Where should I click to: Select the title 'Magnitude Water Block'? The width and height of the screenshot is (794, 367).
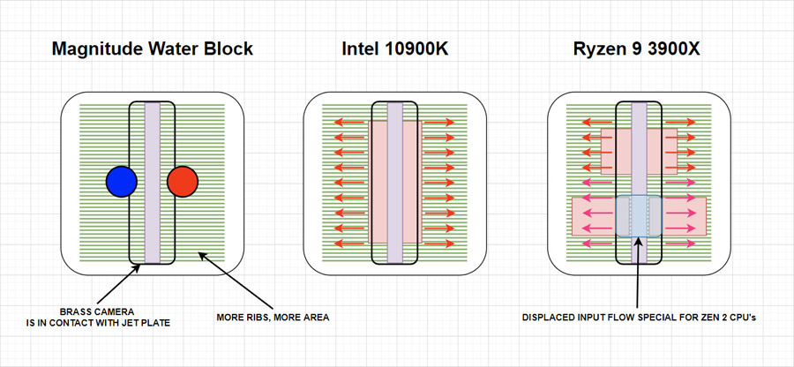coord(152,49)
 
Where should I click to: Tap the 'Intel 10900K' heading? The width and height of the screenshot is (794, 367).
coord(395,49)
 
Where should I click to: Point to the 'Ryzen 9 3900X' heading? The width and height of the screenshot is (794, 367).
coord(639,49)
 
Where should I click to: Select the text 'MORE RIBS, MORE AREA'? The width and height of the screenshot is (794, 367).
coord(273,318)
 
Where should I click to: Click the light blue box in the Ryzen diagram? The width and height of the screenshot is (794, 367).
coord(639,216)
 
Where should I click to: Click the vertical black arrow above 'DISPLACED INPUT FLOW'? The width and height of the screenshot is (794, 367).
coord(639,273)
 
